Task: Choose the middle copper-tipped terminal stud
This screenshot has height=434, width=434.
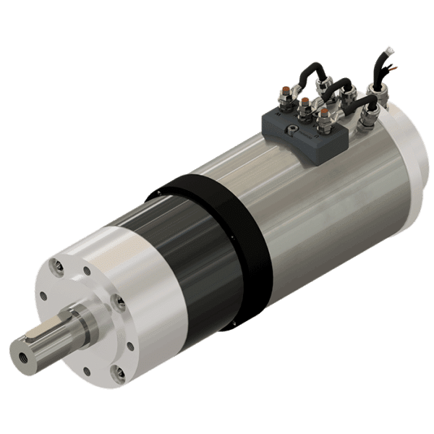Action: [305, 101]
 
